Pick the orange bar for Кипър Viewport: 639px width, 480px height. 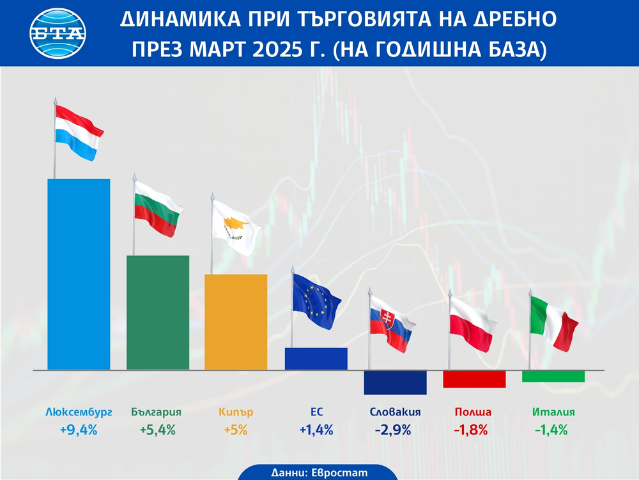pyautogui.click(x=236, y=322)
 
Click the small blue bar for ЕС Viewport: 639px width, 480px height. pyautogui.click(x=316, y=359)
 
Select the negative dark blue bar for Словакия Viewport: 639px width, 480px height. pyautogui.click(x=395, y=382)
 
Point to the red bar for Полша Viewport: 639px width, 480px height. pyautogui.click(x=474, y=379)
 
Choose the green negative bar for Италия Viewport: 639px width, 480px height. pyautogui.click(x=553, y=376)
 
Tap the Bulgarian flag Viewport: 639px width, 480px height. pyautogui.click(x=158, y=208)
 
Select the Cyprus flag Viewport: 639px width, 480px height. pyautogui.click(x=236, y=227)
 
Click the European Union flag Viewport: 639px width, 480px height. pyautogui.click(x=316, y=300)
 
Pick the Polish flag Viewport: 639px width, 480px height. pyautogui.click(x=473, y=324)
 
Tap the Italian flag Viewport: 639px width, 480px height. pyautogui.click(x=553, y=322)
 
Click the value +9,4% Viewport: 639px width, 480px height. pyautogui.click(x=79, y=430)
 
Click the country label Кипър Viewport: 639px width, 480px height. pyautogui.click(x=236, y=413)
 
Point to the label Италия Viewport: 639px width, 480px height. pyautogui.click(x=553, y=413)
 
